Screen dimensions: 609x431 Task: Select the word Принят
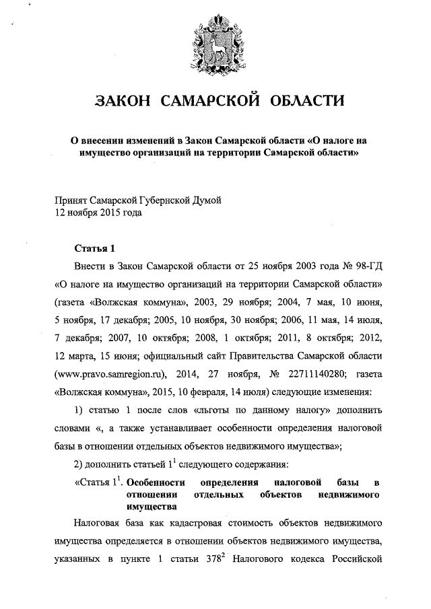click(x=71, y=201)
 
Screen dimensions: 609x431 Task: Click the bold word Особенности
click(x=159, y=482)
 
